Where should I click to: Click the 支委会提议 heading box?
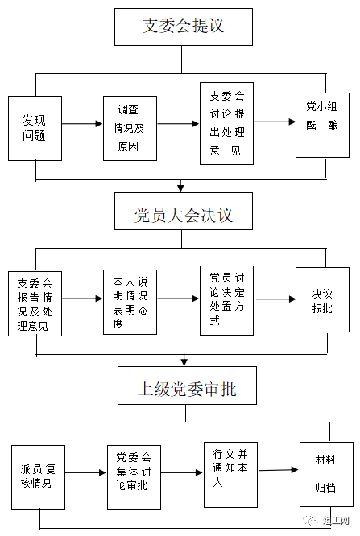click(184, 27)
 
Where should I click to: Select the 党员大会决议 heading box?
click(184, 211)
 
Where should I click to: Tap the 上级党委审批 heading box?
click(187, 386)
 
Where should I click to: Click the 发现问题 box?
click(35, 128)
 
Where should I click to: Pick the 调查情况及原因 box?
click(130, 128)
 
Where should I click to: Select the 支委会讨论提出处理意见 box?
click(226, 123)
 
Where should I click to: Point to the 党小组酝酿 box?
click(322, 125)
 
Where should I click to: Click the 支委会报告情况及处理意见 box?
click(35, 304)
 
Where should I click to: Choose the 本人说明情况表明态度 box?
click(130, 302)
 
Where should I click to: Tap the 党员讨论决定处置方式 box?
click(226, 300)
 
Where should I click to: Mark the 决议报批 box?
click(322, 300)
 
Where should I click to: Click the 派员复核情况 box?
click(39, 477)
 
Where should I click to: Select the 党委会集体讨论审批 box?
click(134, 477)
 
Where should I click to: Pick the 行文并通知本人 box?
click(230, 475)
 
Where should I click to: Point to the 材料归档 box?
click(326, 475)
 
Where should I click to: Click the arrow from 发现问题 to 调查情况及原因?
click(82, 124)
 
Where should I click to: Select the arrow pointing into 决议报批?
click(275, 299)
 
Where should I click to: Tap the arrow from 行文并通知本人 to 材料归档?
click(279, 470)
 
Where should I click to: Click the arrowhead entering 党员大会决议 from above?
click(180, 188)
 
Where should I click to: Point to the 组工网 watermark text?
click(336, 521)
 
